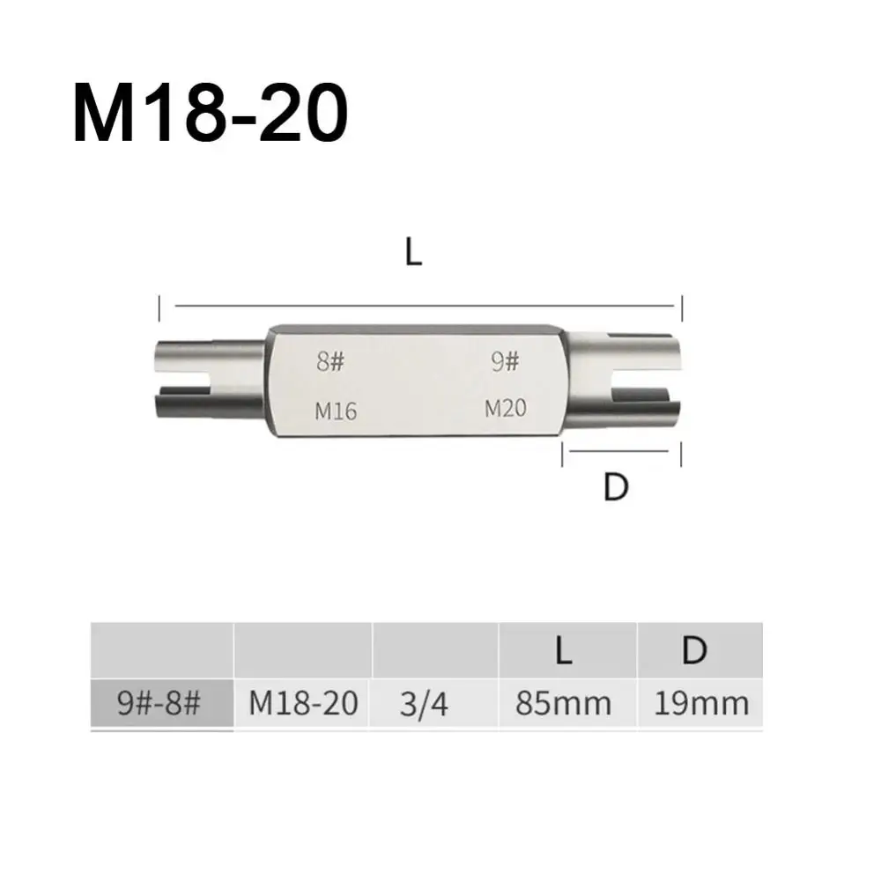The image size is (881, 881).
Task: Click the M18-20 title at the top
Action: pos(211,113)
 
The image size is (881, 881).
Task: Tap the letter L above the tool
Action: pos(413,251)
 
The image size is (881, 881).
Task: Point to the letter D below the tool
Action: pos(616,486)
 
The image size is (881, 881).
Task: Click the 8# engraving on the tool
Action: pos(329,360)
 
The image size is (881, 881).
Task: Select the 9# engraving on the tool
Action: pos(505,360)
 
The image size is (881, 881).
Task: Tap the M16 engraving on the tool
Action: pos(336,411)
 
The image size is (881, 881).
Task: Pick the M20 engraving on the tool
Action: pos(506,407)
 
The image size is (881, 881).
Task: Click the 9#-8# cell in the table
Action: pos(159,702)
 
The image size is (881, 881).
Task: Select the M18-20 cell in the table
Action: pos(303,702)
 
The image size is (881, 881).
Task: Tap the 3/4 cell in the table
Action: pos(424,703)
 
